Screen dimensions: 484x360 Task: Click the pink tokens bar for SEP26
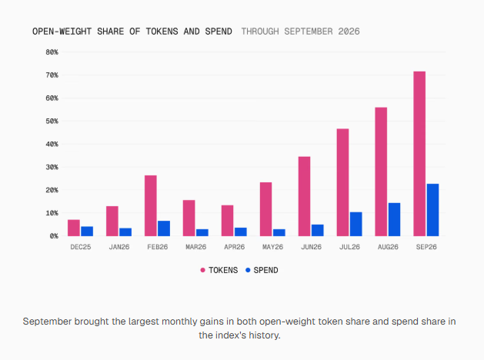click(x=419, y=154)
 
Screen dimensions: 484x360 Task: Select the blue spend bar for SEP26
click(x=432, y=210)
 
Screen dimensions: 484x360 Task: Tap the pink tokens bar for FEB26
click(x=150, y=205)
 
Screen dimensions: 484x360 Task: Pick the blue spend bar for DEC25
click(x=87, y=232)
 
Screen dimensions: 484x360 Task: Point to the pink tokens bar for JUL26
click(x=342, y=182)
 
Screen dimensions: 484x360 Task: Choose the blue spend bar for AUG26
click(x=394, y=219)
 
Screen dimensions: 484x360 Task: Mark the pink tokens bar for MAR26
click(x=189, y=218)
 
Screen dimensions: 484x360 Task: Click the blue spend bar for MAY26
click(x=279, y=232)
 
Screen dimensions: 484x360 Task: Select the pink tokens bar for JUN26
click(x=304, y=196)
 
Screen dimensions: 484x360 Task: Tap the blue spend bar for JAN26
click(x=125, y=232)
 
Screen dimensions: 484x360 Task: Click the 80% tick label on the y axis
click(x=52, y=52)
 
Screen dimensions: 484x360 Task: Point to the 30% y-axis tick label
click(x=52, y=167)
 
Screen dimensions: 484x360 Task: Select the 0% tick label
click(x=54, y=236)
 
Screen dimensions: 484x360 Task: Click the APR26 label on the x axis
click(x=234, y=247)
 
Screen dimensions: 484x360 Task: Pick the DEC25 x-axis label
click(x=81, y=247)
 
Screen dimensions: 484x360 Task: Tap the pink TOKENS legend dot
click(x=202, y=270)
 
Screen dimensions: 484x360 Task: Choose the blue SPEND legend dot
click(x=248, y=270)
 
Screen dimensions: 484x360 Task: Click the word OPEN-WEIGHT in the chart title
click(x=62, y=32)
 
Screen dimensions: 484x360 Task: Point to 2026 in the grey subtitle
click(x=349, y=32)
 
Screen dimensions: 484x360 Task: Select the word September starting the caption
click(x=47, y=322)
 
